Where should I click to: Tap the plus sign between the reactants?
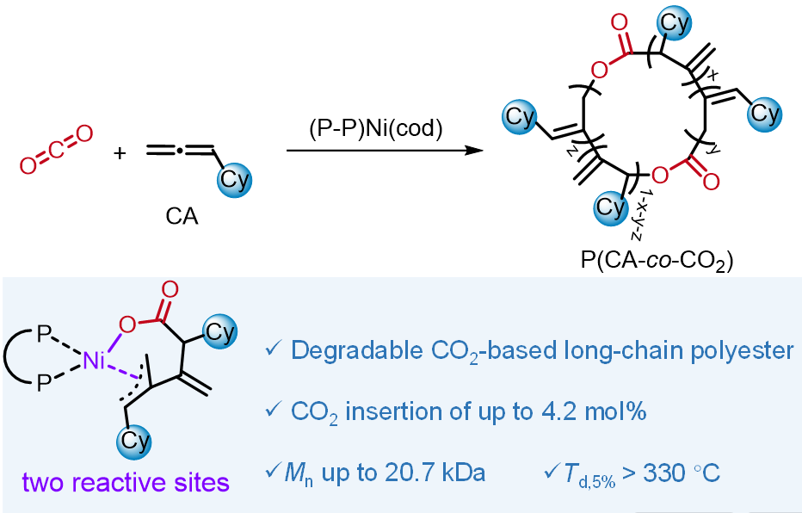tap(120, 153)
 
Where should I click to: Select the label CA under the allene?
tap(182, 217)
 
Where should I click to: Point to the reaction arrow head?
tap(471, 151)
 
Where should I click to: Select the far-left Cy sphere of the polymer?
tap(520, 117)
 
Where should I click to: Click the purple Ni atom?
tap(96, 363)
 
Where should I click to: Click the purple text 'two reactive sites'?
tap(126, 483)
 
